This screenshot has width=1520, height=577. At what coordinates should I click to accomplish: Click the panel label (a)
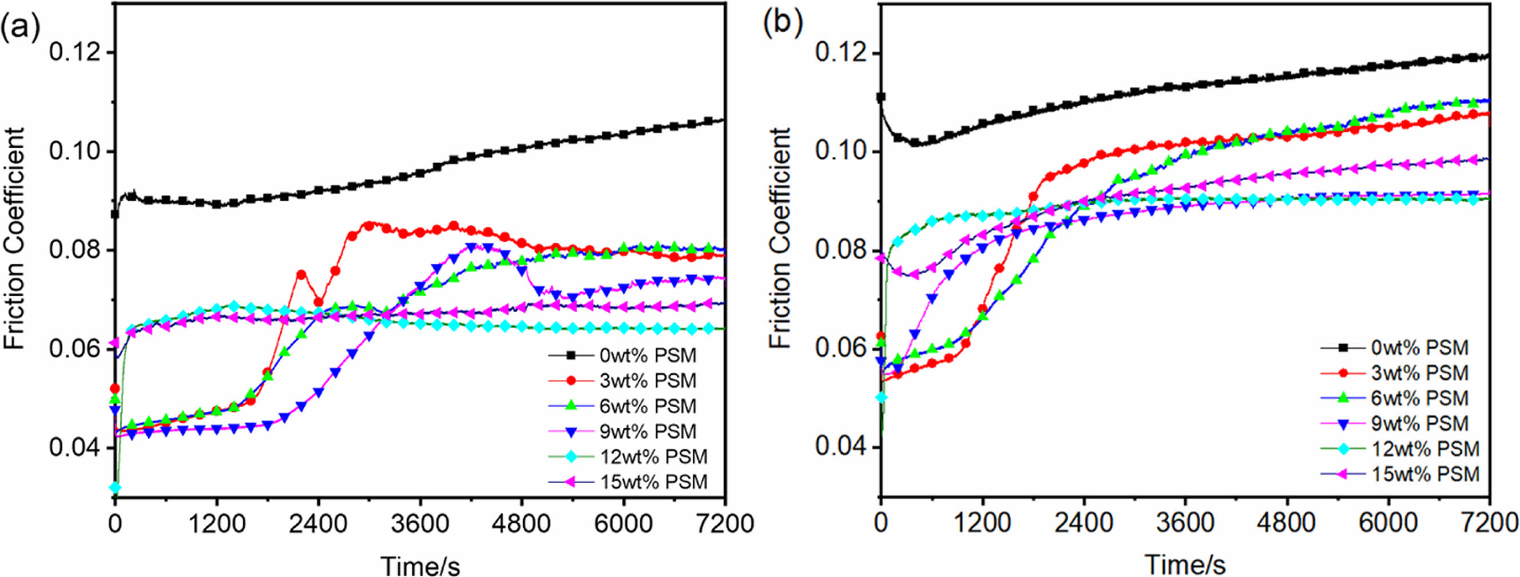coord(19,26)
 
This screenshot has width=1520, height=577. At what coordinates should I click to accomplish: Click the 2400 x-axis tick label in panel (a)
coord(318,523)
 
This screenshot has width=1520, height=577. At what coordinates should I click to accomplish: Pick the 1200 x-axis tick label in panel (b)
coord(982,523)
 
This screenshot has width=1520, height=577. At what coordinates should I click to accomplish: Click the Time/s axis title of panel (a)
coord(420,565)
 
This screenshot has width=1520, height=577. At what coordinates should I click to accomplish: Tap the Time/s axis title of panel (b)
coord(1185,565)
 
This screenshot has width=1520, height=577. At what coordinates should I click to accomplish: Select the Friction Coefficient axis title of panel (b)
coord(780,238)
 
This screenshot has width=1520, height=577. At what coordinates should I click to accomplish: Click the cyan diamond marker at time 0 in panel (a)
coord(115,487)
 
